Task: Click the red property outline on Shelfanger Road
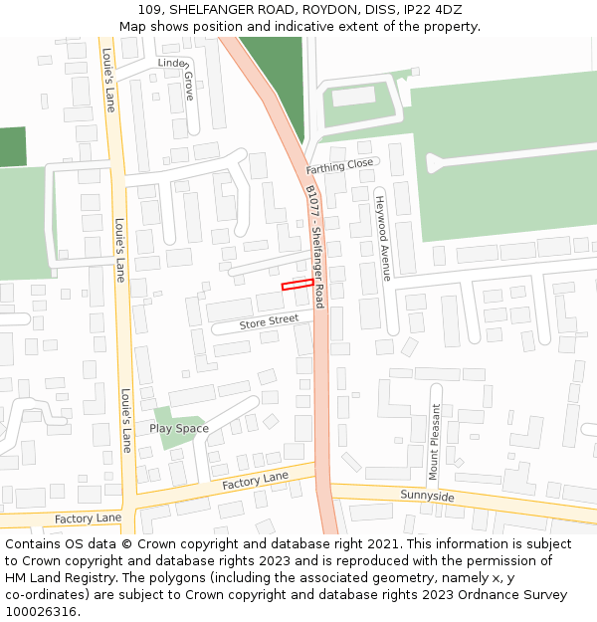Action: (x=298, y=285)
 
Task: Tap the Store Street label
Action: (x=269, y=321)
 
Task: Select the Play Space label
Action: (x=179, y=429)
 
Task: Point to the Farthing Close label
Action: (x=339, y=166)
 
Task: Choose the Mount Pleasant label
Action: (x=434, y=442)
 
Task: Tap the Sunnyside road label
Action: (x=427, y=496)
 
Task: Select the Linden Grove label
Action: (x=180, y=75)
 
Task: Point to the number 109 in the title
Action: (x=149, y=10)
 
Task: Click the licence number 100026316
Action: (x=39, y=612)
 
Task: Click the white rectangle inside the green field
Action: (x=353, y=97)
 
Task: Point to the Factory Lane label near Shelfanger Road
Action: (x=255, y=481)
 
